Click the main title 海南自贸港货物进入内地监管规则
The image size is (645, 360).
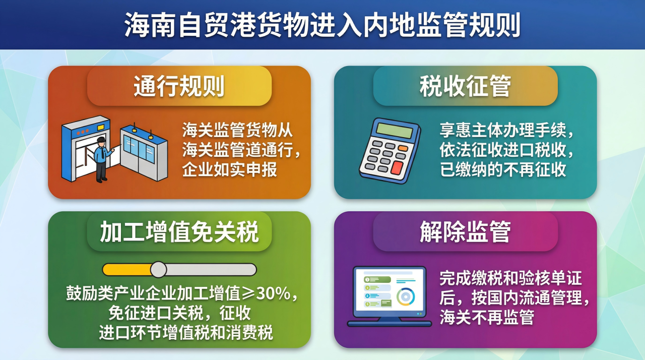pos(322,25)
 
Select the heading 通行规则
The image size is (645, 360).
pos(179,86)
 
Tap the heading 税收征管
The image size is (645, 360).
pos(465,86)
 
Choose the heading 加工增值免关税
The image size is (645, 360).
pos(179,231)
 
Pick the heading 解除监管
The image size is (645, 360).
pos(465,231)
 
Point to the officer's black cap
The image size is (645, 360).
pos(101,140)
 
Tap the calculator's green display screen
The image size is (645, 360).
pos(395,131)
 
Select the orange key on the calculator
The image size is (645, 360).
pos(403,148)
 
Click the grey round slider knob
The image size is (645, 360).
pos(158,270)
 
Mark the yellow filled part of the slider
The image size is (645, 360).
pos(127,270)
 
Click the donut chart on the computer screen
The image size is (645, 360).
pos(406,296)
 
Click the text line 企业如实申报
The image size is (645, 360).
pos(229,169)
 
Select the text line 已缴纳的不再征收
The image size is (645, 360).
pos(503,169)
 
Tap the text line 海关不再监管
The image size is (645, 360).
pos(487,317)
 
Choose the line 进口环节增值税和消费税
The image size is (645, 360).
pos(186,333)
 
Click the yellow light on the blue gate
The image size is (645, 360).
pos(101,127)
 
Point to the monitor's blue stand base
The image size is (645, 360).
pos(390,324)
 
